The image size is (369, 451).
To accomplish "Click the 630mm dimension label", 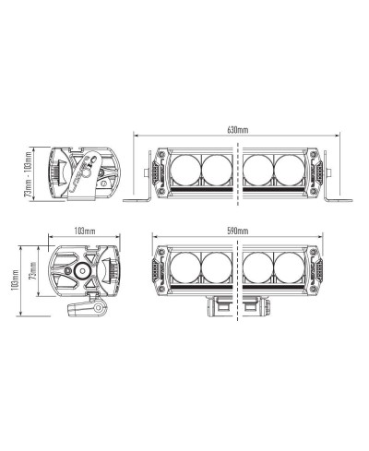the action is coord(237,130).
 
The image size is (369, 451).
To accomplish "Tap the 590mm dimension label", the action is coord(238,231).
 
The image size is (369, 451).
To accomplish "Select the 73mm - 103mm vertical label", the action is coord(28,174).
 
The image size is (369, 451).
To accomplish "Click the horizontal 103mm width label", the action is coord(85,231).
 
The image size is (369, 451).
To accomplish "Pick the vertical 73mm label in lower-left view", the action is coord(32,270).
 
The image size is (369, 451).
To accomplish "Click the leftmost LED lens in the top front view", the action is coord(185,170).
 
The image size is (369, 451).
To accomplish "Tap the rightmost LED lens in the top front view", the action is coord(289,170).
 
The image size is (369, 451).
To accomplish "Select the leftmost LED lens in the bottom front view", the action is coord(185,267).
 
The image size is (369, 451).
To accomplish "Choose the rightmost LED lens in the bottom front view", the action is coord(289,267).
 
